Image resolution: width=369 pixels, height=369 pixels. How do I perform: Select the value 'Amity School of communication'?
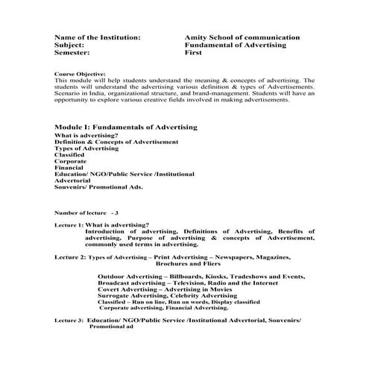tap(242, 37)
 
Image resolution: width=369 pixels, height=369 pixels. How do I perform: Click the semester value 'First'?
tap(192, 53)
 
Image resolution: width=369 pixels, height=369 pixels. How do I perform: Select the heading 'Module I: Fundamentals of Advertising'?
tap(126, 127)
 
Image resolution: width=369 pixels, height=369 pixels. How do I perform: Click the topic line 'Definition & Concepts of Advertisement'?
tap(116, 142)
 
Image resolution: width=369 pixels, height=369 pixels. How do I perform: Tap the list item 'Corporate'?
tap(71, 161)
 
